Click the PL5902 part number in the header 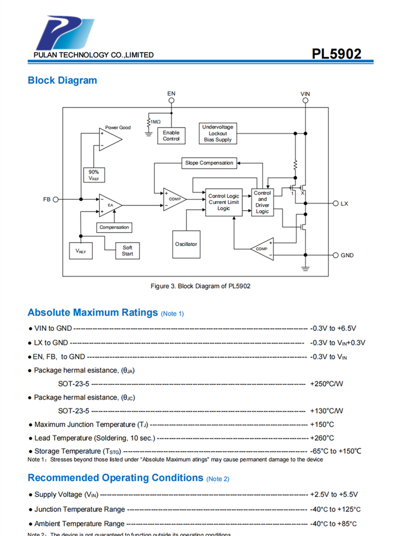coord(337,54)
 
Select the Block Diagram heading coord(62,80)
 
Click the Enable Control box coord(172,136)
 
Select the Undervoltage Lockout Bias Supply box coord(218,133)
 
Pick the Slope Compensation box coord(209,162)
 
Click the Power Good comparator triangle coord(109,139)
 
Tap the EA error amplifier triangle coord(109,205)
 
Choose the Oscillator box coord(186,244)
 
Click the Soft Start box coord(128,251)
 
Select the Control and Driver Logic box coord(262,202)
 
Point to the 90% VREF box coord(94,175)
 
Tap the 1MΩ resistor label coord(155,122)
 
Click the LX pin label coord(344,204)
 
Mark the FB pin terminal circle coord(55,199)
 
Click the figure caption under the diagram coord(200,286)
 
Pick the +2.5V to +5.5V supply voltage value coord(333,495)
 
